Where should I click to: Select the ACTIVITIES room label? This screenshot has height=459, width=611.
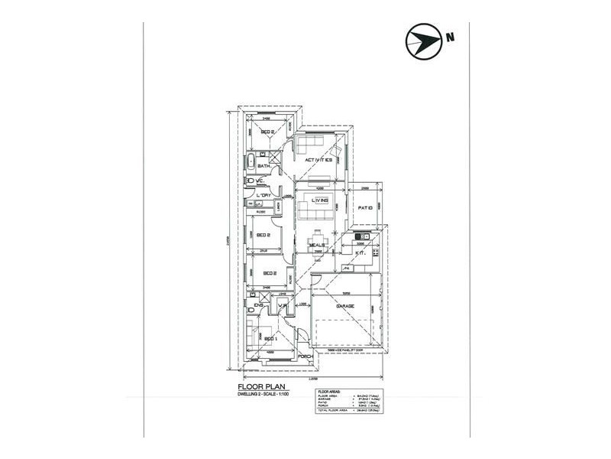click(318, 160)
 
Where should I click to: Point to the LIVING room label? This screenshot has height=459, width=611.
click(319, 200)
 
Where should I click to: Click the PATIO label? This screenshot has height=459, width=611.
click(365, 207)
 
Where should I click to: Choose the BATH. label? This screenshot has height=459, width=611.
click(264, 166)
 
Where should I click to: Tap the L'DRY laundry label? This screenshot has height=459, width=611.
click(265, 196)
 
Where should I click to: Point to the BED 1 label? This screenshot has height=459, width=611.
click(270, 338)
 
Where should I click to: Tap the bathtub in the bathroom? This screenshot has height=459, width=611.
click(250, 162)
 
